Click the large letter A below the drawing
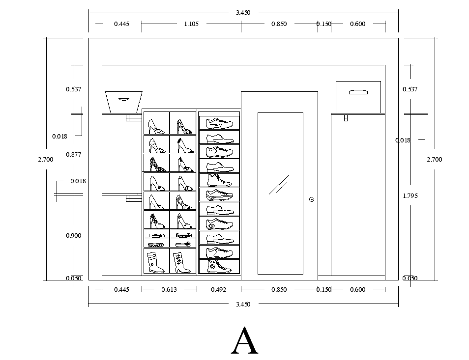point(244,340)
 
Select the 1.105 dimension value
point(191,24)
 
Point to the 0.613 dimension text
point(169,290)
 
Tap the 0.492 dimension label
point(218,290)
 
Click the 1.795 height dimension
point(410,195)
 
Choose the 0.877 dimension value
point(73,155)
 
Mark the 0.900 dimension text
point(73,236)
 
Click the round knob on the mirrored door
point(311,199)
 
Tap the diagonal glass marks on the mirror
point(278,185)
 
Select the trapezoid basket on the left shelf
point(123,102)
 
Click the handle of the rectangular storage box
point(358,91)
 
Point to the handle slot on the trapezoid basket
point(123,99)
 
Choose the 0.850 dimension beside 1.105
point(279,24)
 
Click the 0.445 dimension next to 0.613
point(121,290)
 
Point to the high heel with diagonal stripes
point(184,202)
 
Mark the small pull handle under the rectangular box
point(346,118)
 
